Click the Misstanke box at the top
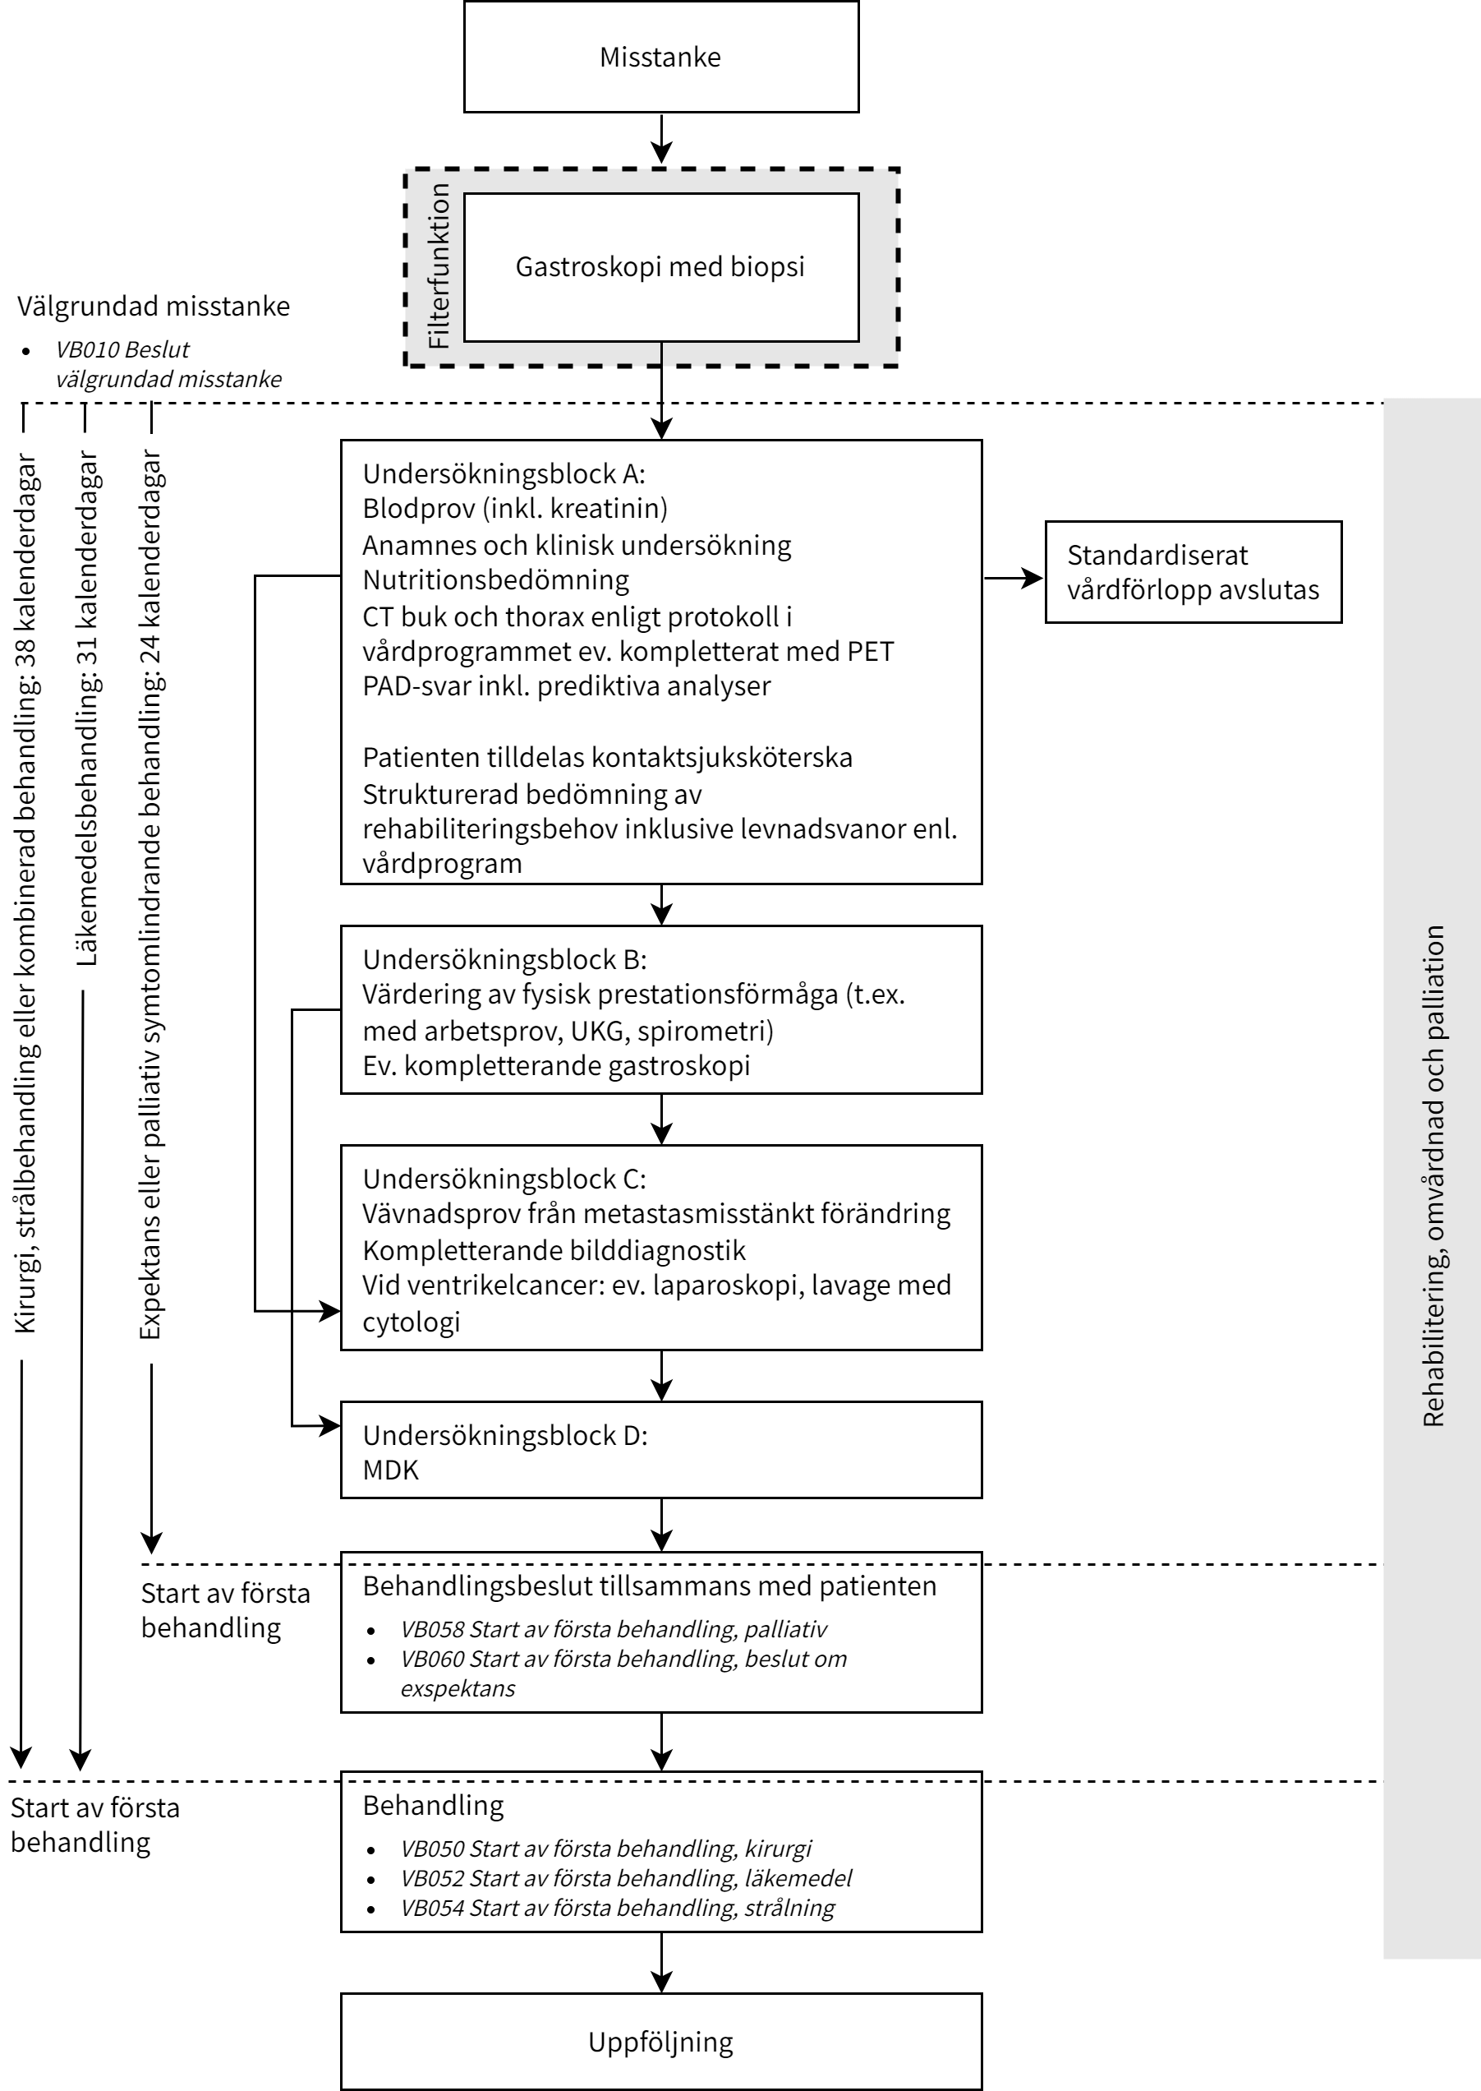660,57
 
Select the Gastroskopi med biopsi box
660,266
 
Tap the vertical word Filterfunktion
439,266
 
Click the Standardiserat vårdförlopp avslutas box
1193,572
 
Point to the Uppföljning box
660,2042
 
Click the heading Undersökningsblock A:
504,473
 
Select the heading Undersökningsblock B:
504,959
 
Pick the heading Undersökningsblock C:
504,1179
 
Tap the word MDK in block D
390,1470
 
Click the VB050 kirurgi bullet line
605,1849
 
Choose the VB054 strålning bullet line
618,1908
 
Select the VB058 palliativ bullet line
614,1629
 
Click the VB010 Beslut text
122,349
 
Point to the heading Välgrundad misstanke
154,306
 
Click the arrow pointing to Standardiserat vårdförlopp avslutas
1014,578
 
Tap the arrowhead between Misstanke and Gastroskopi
661,151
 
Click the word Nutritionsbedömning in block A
495,580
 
